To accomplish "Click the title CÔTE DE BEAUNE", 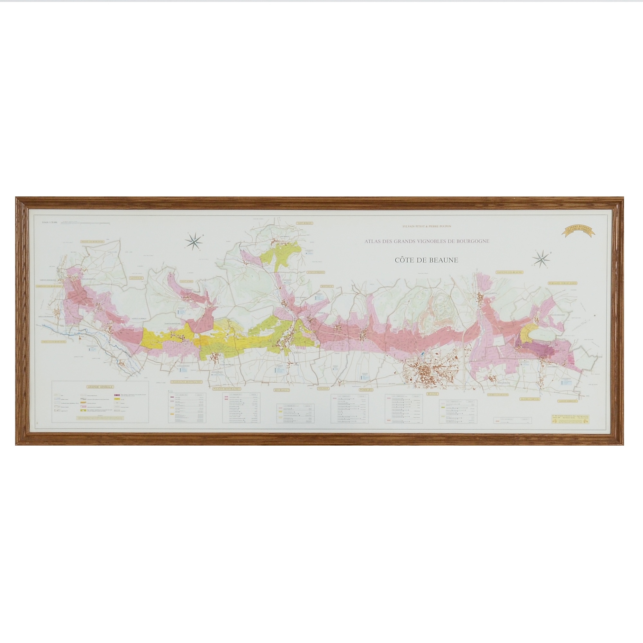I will [x=426, y=260].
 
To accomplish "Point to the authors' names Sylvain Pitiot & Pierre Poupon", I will [x=426, y=226].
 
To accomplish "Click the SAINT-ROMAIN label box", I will [x=303, y=223].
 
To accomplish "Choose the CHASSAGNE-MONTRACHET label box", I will [x=186, y=382].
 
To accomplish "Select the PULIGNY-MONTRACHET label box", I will [x=227, y=388].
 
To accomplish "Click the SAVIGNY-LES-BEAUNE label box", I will [x=510, y=272].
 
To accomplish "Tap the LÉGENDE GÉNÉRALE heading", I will [x=100, y=387].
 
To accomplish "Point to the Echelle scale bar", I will [x=85, y=224].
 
